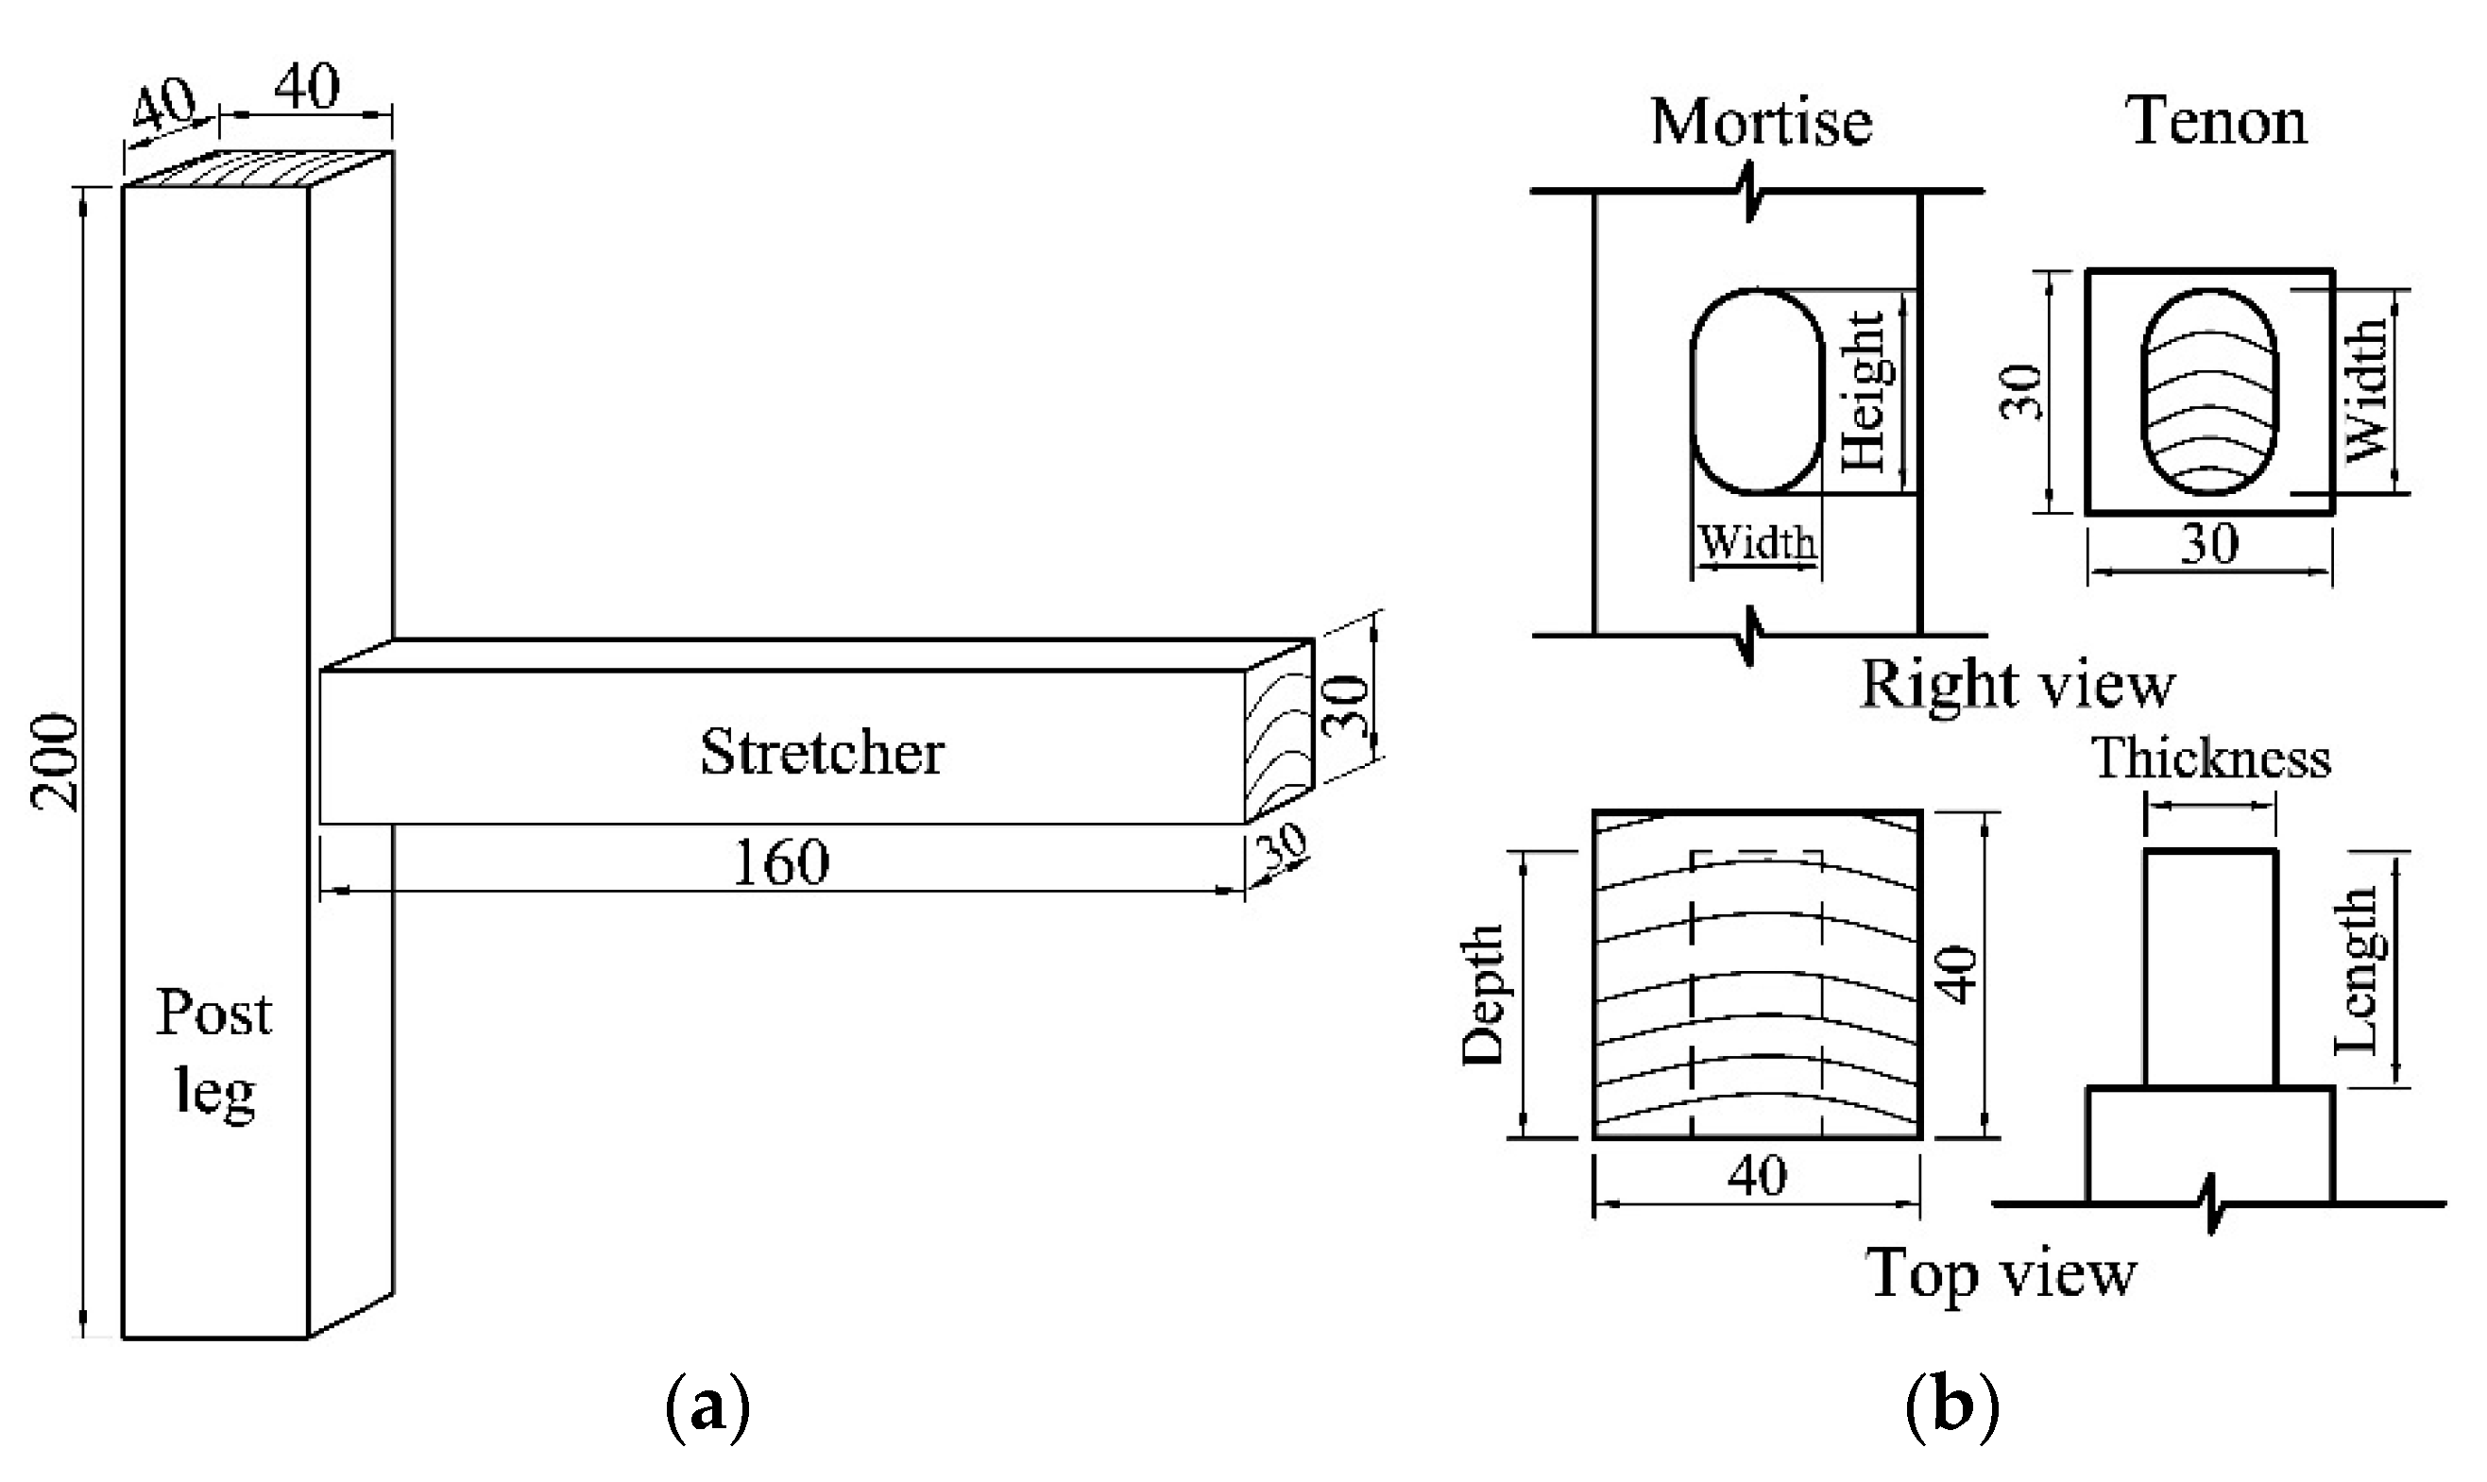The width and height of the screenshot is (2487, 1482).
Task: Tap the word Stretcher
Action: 821,752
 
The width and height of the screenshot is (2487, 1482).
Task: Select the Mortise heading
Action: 1761,122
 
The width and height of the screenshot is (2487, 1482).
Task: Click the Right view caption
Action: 2017,686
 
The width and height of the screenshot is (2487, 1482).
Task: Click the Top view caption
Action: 2001,1274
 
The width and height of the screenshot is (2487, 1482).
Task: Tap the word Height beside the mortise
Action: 1863,391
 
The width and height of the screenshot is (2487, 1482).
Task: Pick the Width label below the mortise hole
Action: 1757,542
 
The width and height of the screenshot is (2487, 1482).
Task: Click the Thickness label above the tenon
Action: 2211,759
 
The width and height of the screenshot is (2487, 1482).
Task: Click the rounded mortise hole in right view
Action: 1757,391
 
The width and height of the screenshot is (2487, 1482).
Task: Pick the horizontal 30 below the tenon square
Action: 2208,544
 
